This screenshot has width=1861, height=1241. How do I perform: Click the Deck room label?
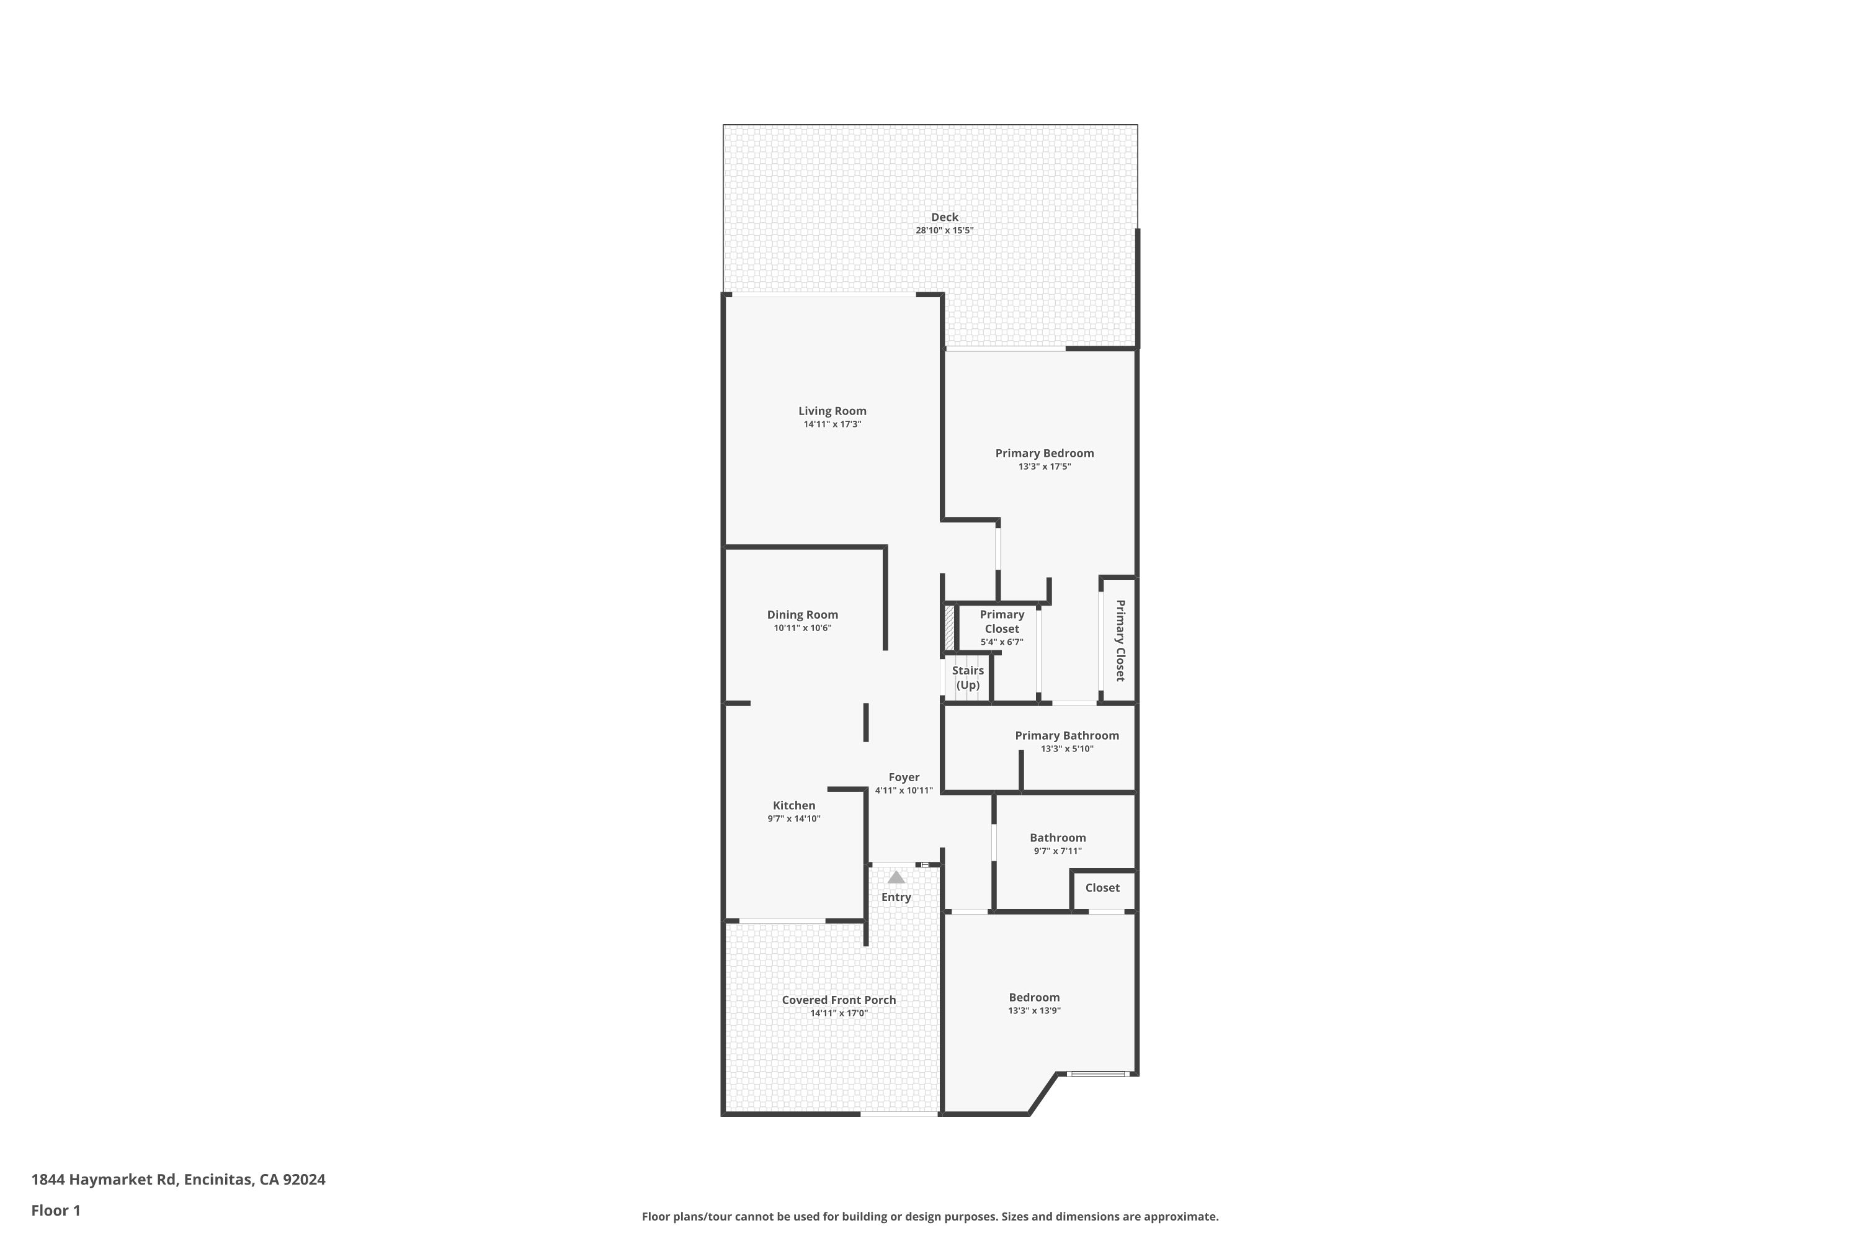pyautogui.click(x=944, y=217)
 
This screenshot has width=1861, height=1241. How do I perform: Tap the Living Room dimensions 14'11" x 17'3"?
pyautogui.click(x=832, y=424)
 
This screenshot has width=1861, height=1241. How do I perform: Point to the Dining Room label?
pyautogui.click(x=801, y=615)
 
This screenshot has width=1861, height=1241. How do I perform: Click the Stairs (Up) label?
pyautogui.click(x=967, y=678)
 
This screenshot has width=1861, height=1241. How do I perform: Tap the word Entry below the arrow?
pyautogui.click(x=896, y=897)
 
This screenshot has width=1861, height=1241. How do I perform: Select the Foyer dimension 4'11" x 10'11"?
pyautogui.click(x=904, y=791)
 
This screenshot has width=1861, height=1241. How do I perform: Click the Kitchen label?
pyautogui.click(x=793, y=805)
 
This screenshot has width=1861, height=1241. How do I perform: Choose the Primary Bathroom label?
pyautogui.click(x=1066, y=736)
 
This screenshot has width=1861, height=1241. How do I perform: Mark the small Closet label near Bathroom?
pyautogui.click(x=1102, y=888)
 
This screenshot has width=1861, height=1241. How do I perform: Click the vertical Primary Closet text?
pyautogui.click(x=1120, y=640)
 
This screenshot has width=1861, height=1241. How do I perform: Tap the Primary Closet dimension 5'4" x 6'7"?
pyautogui.click(x=1001, y=642)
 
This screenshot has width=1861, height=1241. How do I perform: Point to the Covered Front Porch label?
pyautogui.click(x=838, y=1000)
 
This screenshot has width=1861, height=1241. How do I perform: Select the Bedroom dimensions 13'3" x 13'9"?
pyautogui.click(x=1033, y=1011)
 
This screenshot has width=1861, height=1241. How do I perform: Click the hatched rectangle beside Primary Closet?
pyautogui.click(x=950, y=627)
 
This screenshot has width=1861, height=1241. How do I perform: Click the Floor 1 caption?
pyautogui.click(x=55, y=1210)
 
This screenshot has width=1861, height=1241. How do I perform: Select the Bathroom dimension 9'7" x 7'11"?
pyautogui.click(x=1057, y=851)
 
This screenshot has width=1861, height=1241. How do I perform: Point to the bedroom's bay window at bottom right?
pyautogui.click(x=1097, y=1074)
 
